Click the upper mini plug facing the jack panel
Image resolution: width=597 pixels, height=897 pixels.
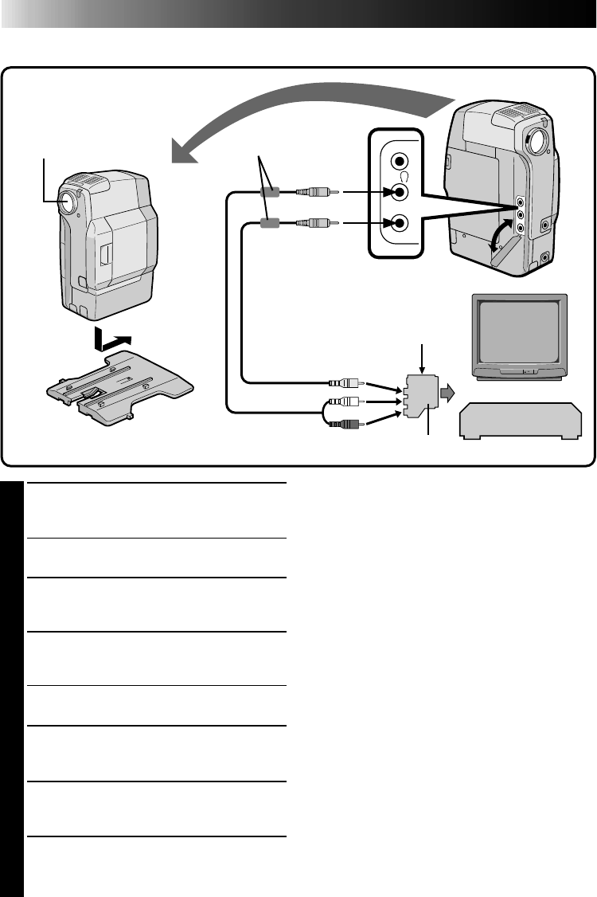coord(317,192)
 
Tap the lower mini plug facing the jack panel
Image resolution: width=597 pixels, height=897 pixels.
coord(317,225)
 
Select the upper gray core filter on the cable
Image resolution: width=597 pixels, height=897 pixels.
coord(269,192)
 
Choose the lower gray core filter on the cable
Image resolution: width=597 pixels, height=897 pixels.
coord(269,225)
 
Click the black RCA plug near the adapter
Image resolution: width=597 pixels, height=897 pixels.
coord(345,425)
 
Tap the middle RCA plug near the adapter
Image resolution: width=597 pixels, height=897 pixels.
coord(345,404)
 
